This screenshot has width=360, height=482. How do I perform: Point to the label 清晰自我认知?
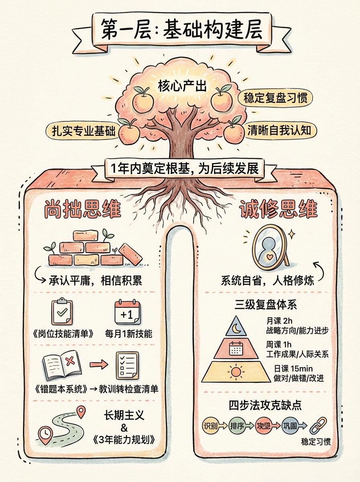(x=280, y=131)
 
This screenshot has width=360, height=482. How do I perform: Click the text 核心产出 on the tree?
(x=177, y=86)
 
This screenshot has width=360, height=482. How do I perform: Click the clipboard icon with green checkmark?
(x=63, y=312)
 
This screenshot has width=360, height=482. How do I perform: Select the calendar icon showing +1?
(x=127, y=312)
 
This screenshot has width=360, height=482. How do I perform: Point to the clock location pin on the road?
(x=46, y=435)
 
